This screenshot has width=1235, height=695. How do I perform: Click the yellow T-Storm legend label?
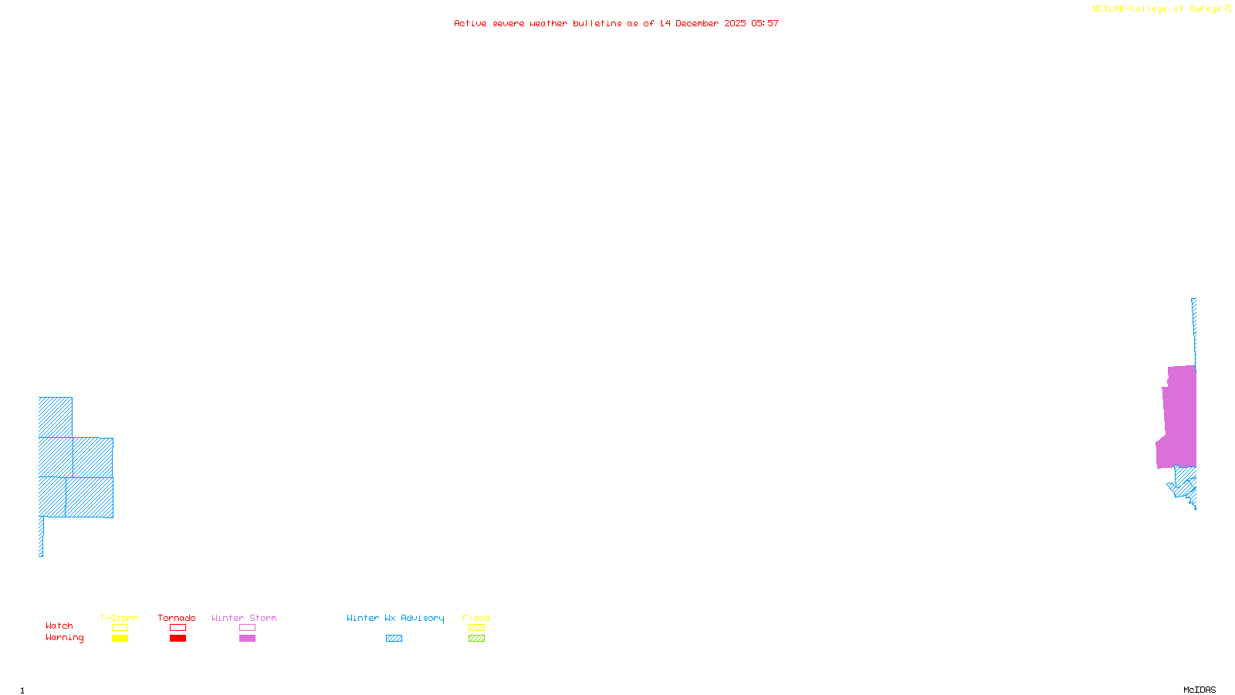coord(119,618)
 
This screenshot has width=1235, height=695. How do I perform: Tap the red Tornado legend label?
coord(177,618)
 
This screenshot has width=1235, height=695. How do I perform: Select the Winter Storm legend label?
coord(244,618)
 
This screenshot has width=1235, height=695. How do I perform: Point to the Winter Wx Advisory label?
coord(395,618)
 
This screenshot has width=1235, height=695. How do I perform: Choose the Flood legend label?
coord(476,618)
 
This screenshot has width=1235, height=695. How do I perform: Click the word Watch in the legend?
coord(59,625)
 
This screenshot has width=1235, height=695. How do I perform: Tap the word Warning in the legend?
coord(64,638)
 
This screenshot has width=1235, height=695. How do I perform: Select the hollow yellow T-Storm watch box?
coord(120,628)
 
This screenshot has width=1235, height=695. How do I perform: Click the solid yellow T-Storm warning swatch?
coord(120,639)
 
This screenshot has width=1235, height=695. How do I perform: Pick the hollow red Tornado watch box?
coord(178,628)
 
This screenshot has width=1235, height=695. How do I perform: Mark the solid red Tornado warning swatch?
coord(178,639)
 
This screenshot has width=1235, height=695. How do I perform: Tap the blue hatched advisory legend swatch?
coord(394,639)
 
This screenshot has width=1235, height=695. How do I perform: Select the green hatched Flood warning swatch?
coord(476,639)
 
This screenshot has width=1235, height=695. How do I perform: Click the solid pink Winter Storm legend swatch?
coord(247,639)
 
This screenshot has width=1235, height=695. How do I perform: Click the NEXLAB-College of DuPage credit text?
coord(1157,9)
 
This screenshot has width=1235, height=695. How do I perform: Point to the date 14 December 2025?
coord(702,24)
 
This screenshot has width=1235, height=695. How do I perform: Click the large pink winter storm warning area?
coord(1179,417)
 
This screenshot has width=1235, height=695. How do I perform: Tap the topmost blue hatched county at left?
coord(55,417)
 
